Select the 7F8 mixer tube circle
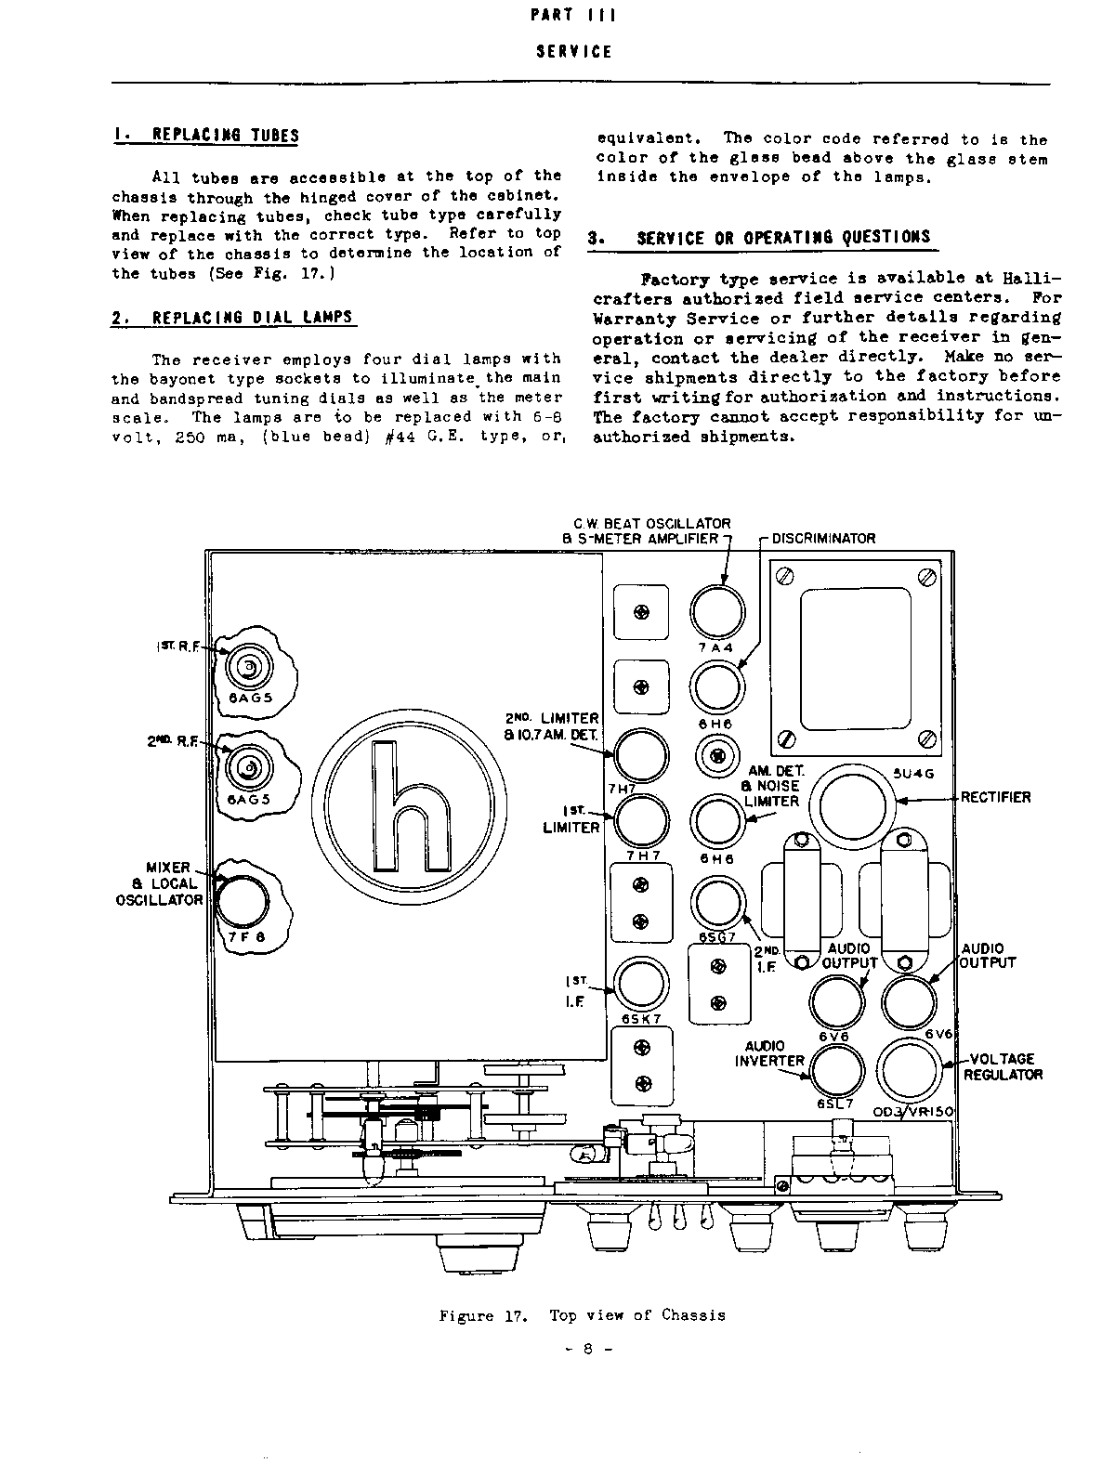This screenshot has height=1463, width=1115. point(243,901)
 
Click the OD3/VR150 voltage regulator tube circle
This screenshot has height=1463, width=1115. point(911,1071)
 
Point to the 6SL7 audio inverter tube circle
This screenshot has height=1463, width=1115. point(837,1071)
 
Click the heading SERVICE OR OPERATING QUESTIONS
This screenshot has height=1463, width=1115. point(783,238)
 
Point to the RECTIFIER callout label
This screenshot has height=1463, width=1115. point(995,797)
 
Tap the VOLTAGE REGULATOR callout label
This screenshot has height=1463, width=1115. point(1002,1066)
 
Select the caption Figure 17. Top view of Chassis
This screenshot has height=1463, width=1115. point(582,1314)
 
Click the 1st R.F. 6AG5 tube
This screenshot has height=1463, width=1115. point(248,668)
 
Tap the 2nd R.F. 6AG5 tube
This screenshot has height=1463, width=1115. point(248,767)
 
